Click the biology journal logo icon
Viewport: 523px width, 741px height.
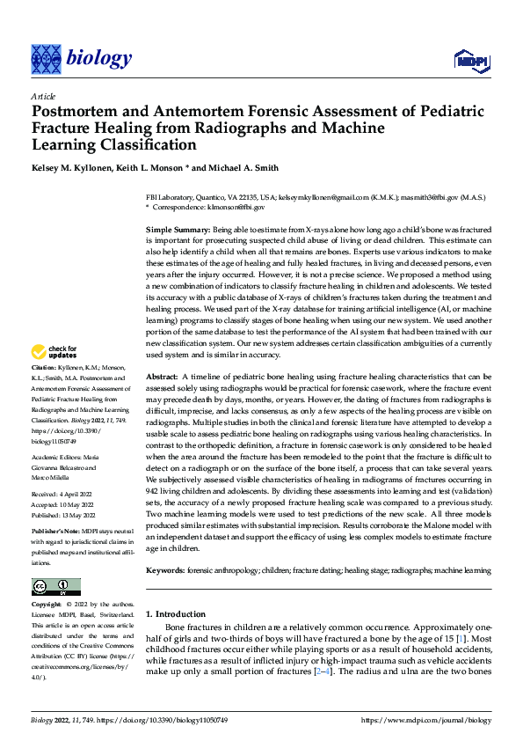47,59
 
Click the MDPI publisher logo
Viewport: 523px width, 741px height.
470,60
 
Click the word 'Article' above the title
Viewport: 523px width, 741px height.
43,96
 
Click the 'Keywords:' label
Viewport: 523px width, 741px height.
165,571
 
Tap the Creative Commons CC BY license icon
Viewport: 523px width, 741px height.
55,587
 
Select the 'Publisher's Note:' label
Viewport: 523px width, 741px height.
57,533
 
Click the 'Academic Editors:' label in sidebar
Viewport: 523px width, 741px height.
59,459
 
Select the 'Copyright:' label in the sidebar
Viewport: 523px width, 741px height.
47,605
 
